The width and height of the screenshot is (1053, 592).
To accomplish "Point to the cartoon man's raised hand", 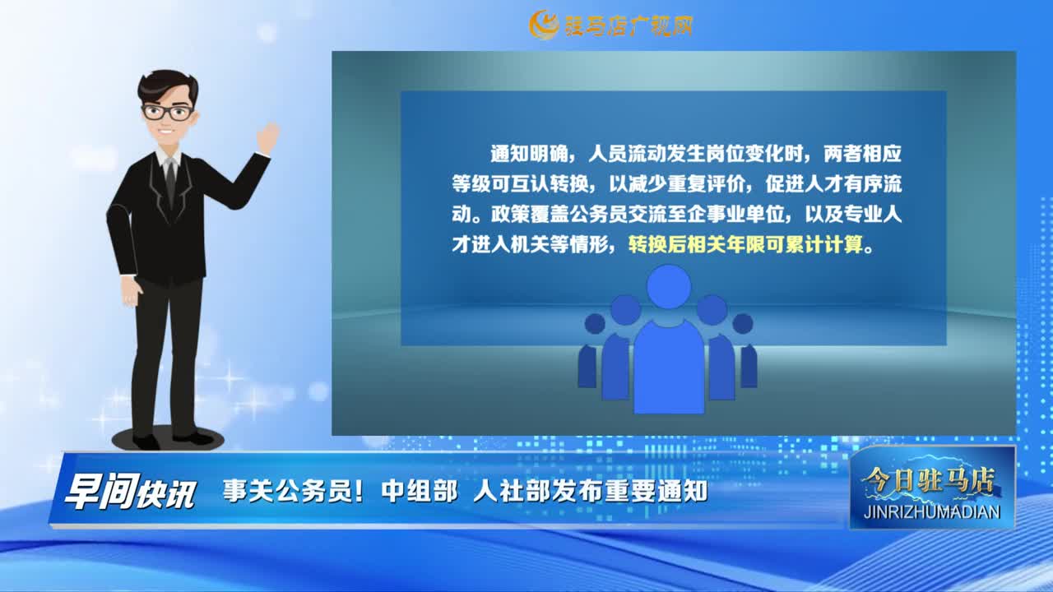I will [x=268, y=137].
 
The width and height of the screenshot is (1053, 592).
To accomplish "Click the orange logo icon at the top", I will [x=544, y=25].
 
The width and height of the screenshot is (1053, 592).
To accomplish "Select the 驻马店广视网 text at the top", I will [x=628, y=25].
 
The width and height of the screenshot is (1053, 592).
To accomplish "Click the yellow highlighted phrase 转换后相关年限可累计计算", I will [x=745, y=244].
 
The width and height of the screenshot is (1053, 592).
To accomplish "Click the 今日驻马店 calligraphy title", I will [x=928, y=480].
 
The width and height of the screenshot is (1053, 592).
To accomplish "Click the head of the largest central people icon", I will [x=669, y=287].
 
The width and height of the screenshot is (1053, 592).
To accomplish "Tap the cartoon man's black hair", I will [x=167, y=86].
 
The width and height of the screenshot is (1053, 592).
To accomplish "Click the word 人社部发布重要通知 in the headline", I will [x=591, y=492].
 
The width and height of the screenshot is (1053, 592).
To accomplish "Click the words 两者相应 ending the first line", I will [x=856, y=153].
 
